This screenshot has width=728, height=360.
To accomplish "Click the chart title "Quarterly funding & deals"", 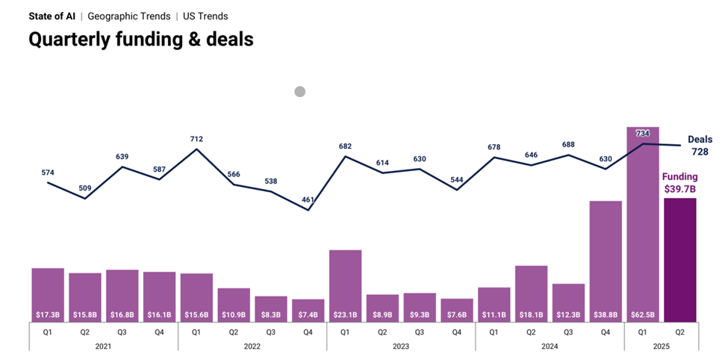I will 140,40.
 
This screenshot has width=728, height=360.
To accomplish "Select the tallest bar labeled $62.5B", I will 642,224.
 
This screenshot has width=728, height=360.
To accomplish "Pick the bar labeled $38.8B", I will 606,261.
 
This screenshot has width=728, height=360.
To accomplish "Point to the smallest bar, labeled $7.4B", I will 308,311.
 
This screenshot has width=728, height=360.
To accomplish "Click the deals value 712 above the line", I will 196,139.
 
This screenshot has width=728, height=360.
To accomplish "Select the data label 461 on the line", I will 308,199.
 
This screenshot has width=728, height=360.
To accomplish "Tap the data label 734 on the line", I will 643,133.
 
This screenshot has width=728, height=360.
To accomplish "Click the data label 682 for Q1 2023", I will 345,146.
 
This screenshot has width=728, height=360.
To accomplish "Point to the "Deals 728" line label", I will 700,145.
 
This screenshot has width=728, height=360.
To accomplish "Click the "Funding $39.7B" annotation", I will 679,183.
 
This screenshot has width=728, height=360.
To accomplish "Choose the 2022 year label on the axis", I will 252,346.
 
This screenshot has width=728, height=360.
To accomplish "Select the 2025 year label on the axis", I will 661,346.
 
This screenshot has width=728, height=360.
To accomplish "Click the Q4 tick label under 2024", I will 606,331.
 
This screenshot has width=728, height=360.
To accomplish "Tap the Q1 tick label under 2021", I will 48,331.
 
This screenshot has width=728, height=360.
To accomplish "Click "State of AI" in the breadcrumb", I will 52,16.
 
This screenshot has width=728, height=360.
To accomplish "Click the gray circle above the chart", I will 299,92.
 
